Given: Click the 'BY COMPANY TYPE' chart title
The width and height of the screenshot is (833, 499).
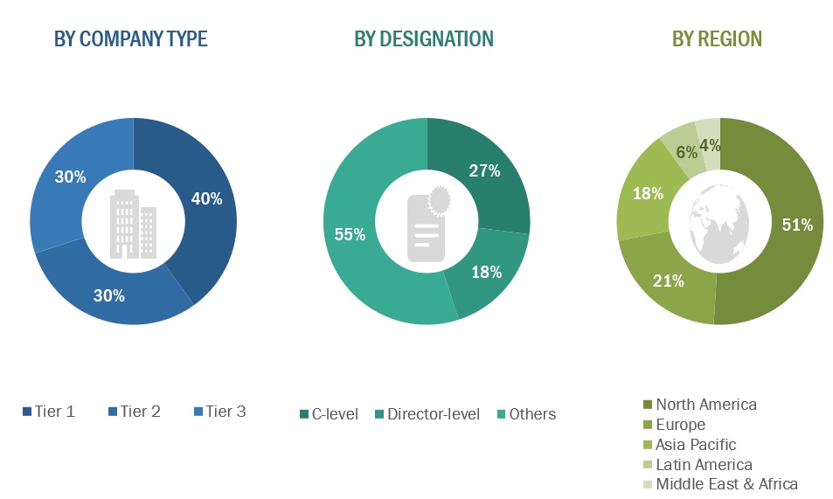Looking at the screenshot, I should click(x=131, y=39).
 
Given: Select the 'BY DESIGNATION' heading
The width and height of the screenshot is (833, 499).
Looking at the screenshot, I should click(x=424, y=39).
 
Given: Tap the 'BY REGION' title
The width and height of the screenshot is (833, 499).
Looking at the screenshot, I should click(x=717, y=39).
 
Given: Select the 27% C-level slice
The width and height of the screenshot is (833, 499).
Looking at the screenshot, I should click(x=483, y=171).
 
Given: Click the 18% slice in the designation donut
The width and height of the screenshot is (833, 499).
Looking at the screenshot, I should click(x=486, y=272).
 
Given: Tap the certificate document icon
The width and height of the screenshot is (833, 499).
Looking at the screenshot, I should click(x=427, y=223).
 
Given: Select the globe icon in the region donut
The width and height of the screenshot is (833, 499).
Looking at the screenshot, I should click(x=719, y=223).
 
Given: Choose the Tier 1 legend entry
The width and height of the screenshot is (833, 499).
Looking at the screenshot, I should click(x=49, y=412).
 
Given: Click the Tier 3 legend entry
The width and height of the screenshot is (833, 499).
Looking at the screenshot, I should click(x=219, y=412).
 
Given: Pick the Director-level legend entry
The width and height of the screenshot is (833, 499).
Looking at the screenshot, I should click(x=427, y=414).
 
